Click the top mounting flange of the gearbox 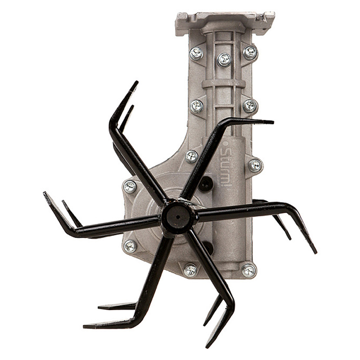pyautogui.click(x=225, y=23)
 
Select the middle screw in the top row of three pyautogui.click(x=224, y=59)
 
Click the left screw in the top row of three pyautogui.click(x=196, y=53)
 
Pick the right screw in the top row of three pyautogui.click(x=250, y=53)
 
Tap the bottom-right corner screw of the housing pyautogui.click(x=249, y=271)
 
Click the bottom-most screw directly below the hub pyautogui.click(x=190, y=270)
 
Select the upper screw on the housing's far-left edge pyautogui.click(x=130, y=187)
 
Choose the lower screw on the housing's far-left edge pyautogui.click(x=130, y=246)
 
